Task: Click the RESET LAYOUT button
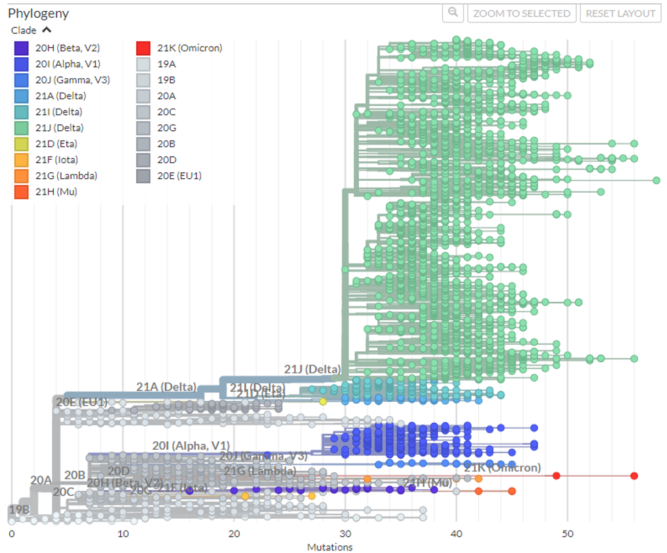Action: tap(620, 13)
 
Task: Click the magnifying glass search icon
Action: tap(453, 13)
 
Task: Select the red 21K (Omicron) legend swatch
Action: tap(143, 48)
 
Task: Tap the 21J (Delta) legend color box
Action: tap(22, 128)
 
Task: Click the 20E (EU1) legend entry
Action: tap(179, 176)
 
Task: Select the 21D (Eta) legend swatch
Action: tap(22, 144)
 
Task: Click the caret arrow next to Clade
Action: tap(47, 30)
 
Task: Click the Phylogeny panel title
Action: tap(38, 13)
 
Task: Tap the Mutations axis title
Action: tap(329, 547)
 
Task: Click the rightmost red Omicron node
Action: tap(634, 475)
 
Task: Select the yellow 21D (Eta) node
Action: tap(323, 401)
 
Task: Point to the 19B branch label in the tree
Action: tap(19, 510)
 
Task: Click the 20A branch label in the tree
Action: tap(41, 480)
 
